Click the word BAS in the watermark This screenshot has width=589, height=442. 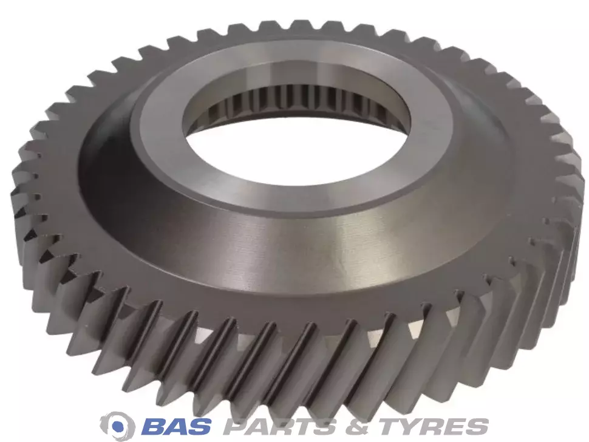[x=177, y=426]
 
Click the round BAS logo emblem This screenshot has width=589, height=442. [x=118, y=426]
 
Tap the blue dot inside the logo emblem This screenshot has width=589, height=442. [x=120, y=426]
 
